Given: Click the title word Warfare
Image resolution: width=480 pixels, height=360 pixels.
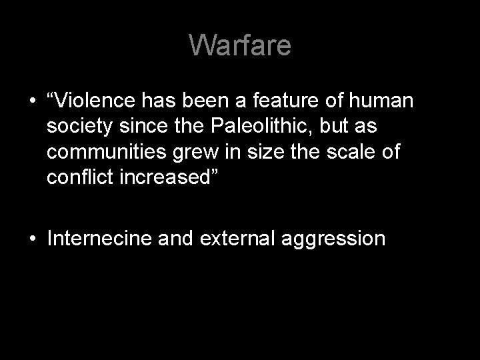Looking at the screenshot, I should coord(240,45).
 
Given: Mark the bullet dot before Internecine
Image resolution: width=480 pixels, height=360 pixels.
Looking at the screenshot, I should coord(31,239).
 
